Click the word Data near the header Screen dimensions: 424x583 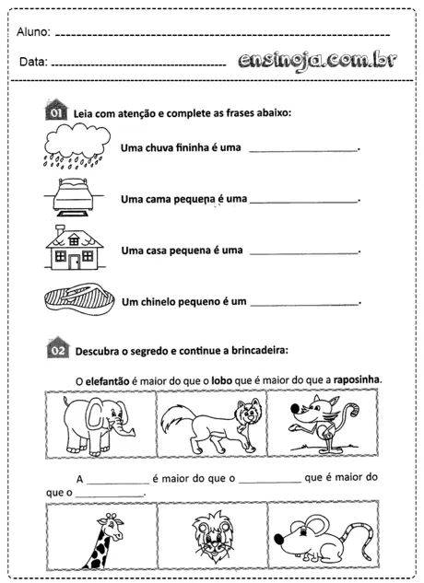pyautogui.click(x=32, y=63)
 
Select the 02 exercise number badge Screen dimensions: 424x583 pyautogui.click(x=56, y=347)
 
